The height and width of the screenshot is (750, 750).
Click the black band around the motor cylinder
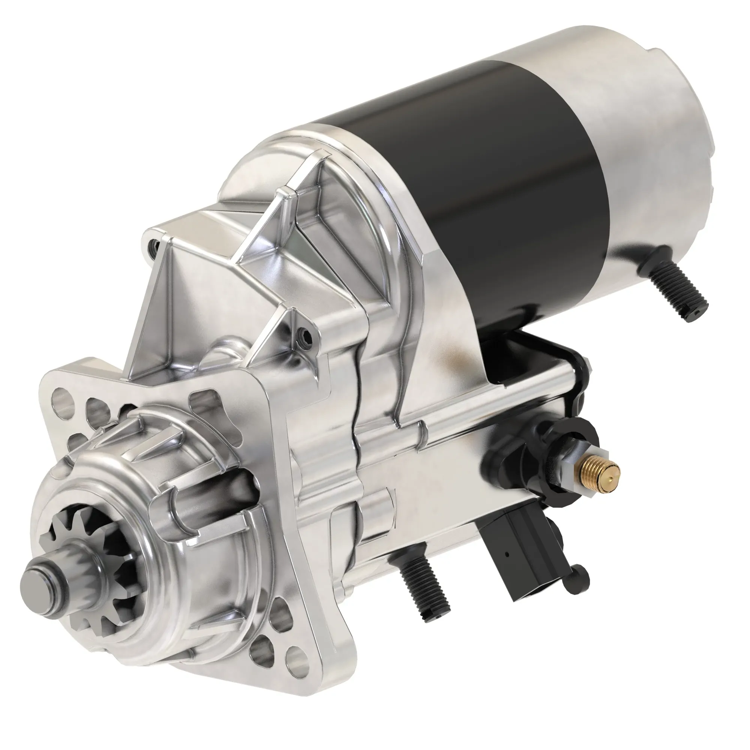pos(497,163)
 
